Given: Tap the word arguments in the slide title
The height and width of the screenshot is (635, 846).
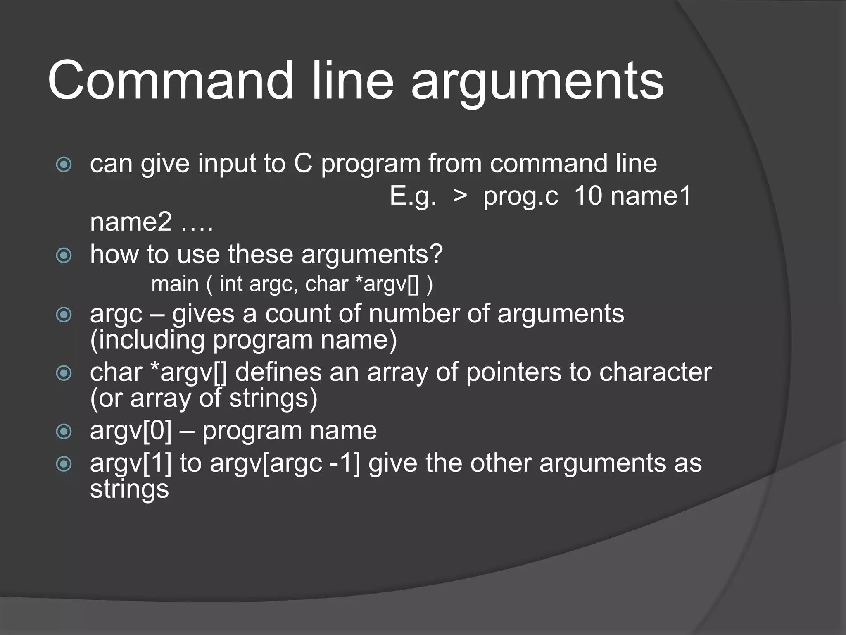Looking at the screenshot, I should coord(537,83).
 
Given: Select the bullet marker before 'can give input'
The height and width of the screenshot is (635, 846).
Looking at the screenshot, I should coord(64,165).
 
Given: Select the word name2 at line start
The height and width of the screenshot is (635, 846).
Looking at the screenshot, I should coord(131,222).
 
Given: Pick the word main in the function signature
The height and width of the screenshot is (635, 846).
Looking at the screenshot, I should coord(175,284).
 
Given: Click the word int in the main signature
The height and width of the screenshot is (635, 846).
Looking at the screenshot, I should coord(231,284).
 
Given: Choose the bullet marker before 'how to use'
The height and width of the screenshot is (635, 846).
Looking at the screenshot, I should coord(64,255).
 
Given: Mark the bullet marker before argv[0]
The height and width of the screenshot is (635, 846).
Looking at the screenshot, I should coord(64,432).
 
